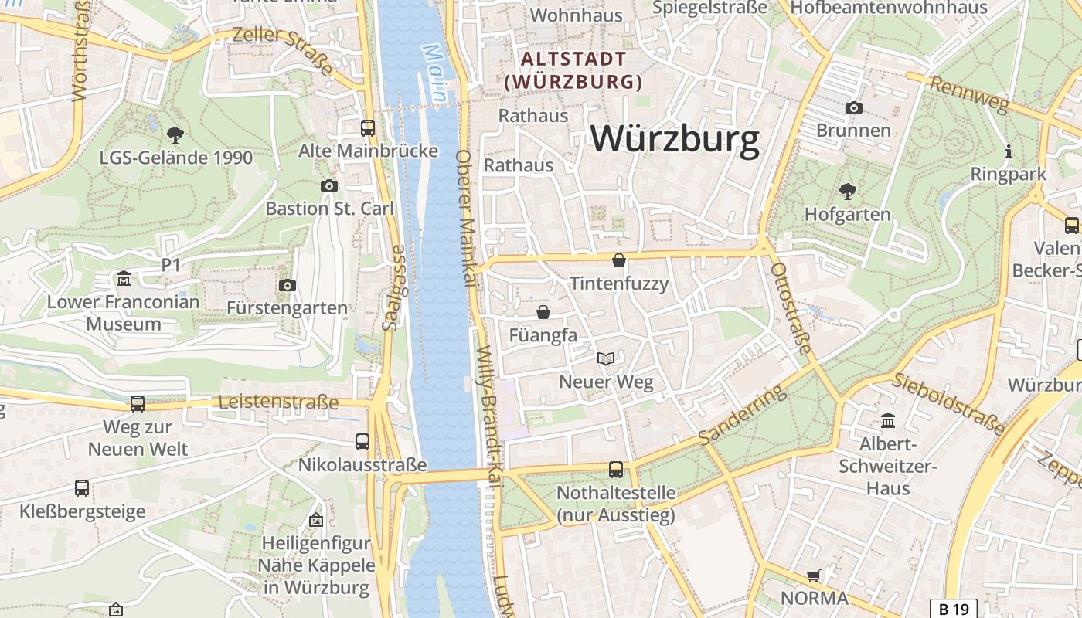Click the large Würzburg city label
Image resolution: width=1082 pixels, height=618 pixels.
pyautogui.click(x=675, y=140)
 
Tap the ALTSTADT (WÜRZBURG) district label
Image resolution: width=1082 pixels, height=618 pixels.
pyautogui.click(x=573, y=70)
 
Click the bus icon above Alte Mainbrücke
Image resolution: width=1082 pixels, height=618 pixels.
pyautogui.click(x=368, y=127)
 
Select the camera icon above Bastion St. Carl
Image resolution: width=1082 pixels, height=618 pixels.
pyautogui.click(x=329, y=185)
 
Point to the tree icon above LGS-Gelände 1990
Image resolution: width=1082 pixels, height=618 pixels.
pyautogui.click(x=175, y=135)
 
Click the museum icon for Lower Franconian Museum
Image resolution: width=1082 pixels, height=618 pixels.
pyautogui.click(x=123, y=278)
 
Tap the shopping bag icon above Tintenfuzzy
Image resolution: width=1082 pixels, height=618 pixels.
pyautogui.click(x=618, y=260)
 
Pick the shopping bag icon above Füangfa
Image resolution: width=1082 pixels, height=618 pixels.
pyautogui.click(x=543, y=312)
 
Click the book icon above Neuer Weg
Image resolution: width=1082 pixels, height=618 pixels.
pyautogui.click(x=606, y=358)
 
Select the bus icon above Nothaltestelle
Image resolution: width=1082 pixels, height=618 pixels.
pyautogui.click(x=616, y=469)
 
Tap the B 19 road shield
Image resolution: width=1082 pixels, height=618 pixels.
pyautogui.click(x=953, y=609)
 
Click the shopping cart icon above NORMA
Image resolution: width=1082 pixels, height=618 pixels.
pyautogui.click(x=813, y=576)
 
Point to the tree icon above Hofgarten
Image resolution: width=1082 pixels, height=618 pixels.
pyautogui.click(x=847, y=191)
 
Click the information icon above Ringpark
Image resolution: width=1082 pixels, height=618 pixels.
pyautogui.click(x=1008, y=151)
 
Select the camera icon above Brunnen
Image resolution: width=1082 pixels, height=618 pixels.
pyautogui.click(x=853, y=107)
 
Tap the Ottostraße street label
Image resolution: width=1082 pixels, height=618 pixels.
pyautogui.click(x=791, y=307)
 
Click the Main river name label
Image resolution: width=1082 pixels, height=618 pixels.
pyautogui.click(x=434, y=74)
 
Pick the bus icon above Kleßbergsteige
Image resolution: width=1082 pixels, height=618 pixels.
pyautogui.click(x=82, y=488)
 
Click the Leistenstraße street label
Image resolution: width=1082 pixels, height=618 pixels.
pyautogui.click(x=278, y=402)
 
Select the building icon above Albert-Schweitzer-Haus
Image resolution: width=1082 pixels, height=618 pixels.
pyautogui.click(x=888, y=421)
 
